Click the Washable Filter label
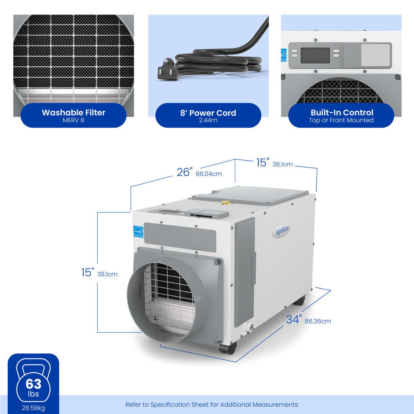pyautogui.click(x=73, y=113)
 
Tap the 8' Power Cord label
pyautogui.click(x=208, y=113)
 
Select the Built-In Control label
pyautogui.click(x=342, y=113)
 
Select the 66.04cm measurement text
pyautogui.click(x=209, y=174)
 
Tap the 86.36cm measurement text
pyautogui.click(x=318, y=321)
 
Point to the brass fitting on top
pyautogui.click(x=226, y=201)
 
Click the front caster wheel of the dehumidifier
pyautogui.click(x=228, y=348)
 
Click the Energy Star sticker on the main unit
pyautogui.click(x=138, y=232)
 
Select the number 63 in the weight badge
pyautogui.click(x=33, y=384)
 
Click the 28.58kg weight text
pyautogui.click(x=33, y=407)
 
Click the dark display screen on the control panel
pyautogui.click(x=315, y=56)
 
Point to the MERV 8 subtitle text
pyautogui.click(x=73, y=120)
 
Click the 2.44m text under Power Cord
pyautogui.click(x=208, y=120)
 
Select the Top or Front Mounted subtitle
pyautogui.click(x=341, y=120)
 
